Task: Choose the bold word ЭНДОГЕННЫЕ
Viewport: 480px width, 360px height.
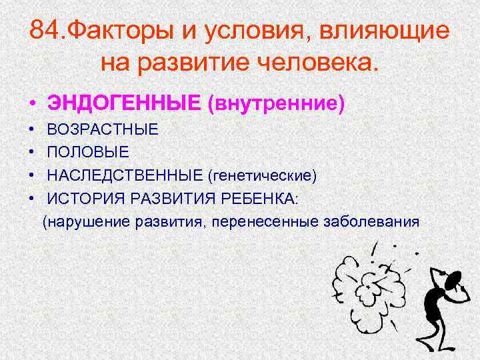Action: pos(123,103)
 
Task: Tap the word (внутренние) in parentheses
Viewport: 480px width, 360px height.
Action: pos(276,103)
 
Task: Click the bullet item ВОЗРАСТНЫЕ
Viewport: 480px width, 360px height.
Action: pos(103,129)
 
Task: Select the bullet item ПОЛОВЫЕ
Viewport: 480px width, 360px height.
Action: pos(88,153)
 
